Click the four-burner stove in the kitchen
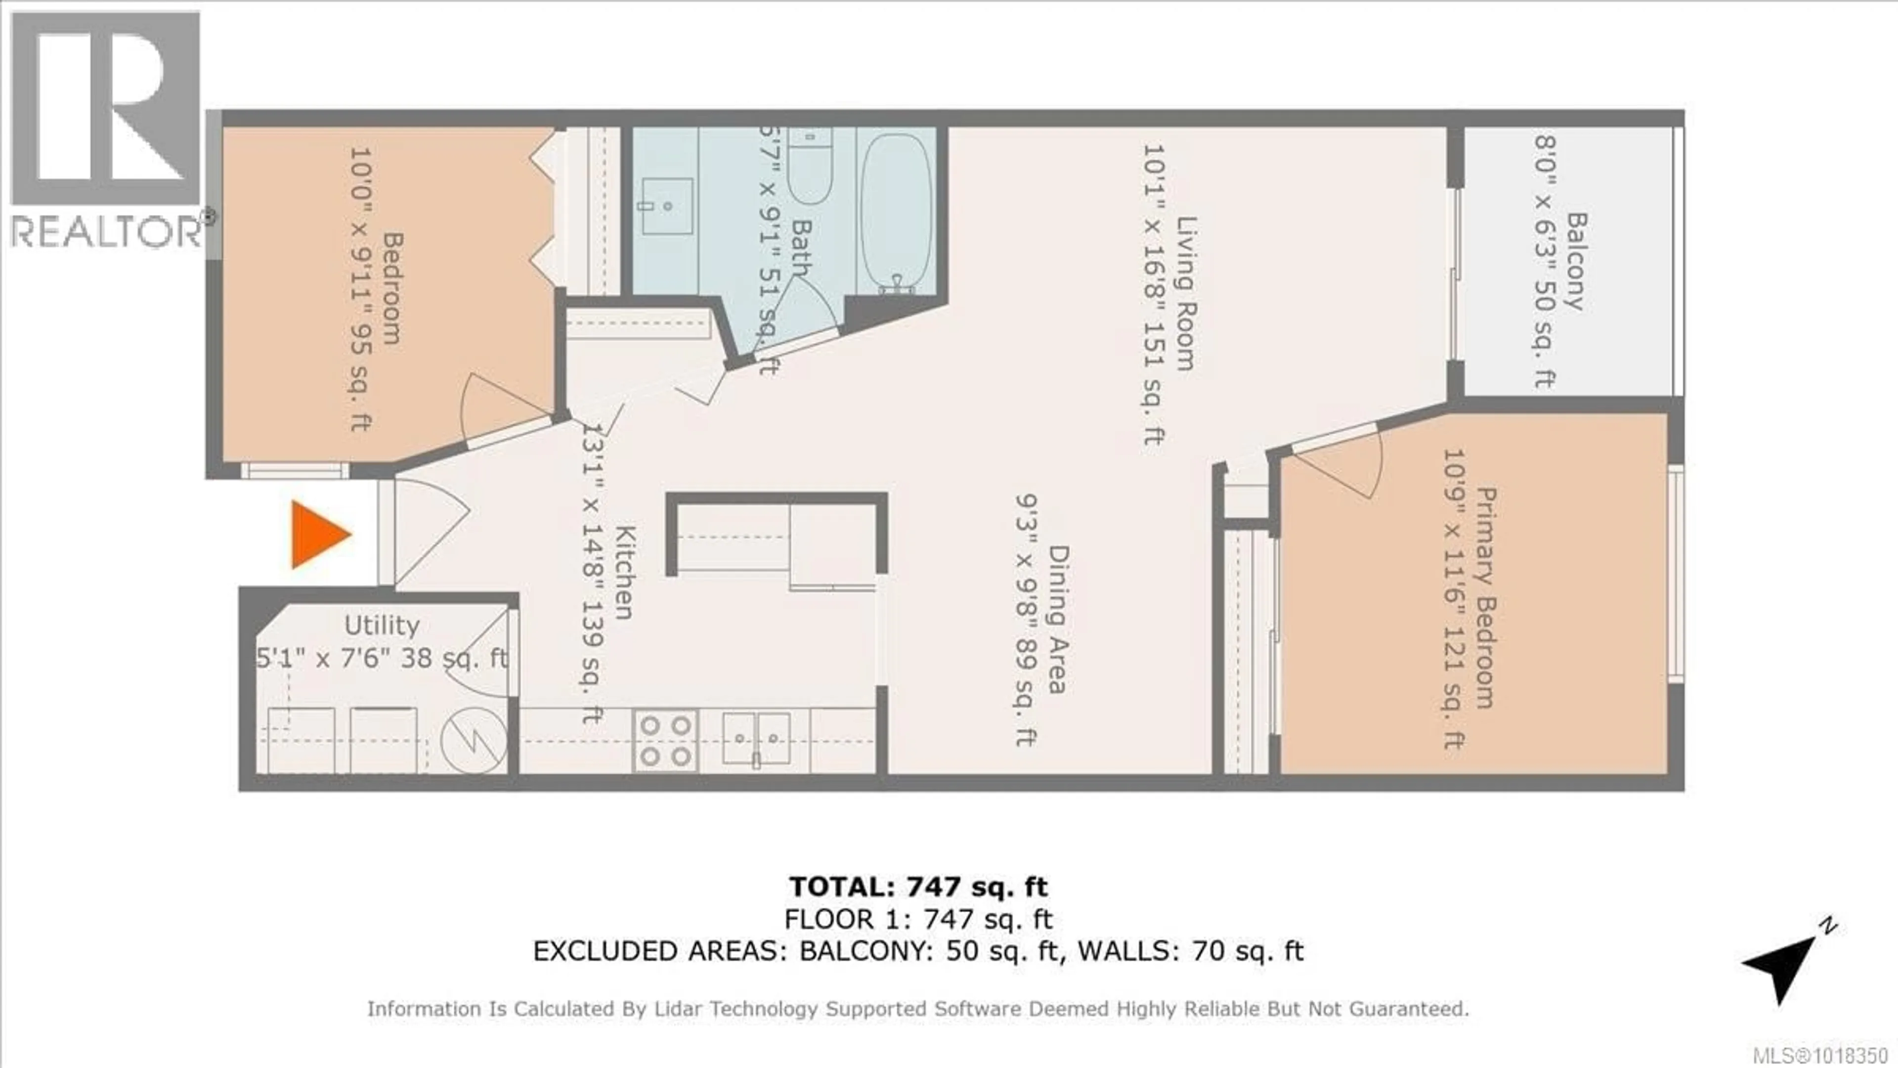coord(665,741)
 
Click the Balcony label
coord(1575,262)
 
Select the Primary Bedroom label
coord(1485,597)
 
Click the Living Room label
coord(1185,293)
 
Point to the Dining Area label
coord(1058,619)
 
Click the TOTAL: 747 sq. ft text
coord(918,886)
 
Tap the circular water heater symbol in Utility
coord(474,740)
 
